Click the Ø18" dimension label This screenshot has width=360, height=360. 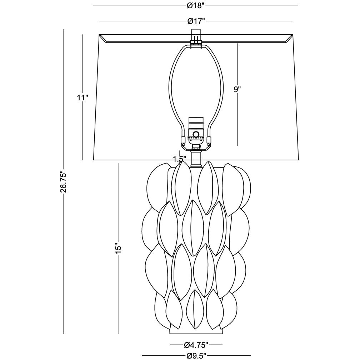(196, 6)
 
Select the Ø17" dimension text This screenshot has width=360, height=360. (196, 21)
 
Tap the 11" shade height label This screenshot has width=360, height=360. (82, 97)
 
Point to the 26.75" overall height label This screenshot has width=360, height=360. (63, 181)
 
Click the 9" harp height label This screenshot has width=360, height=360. (237, 89)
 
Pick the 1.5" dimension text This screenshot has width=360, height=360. (179, 159)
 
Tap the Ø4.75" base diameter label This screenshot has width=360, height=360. (196, 344)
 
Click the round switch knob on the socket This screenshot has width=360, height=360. (196, 134)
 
